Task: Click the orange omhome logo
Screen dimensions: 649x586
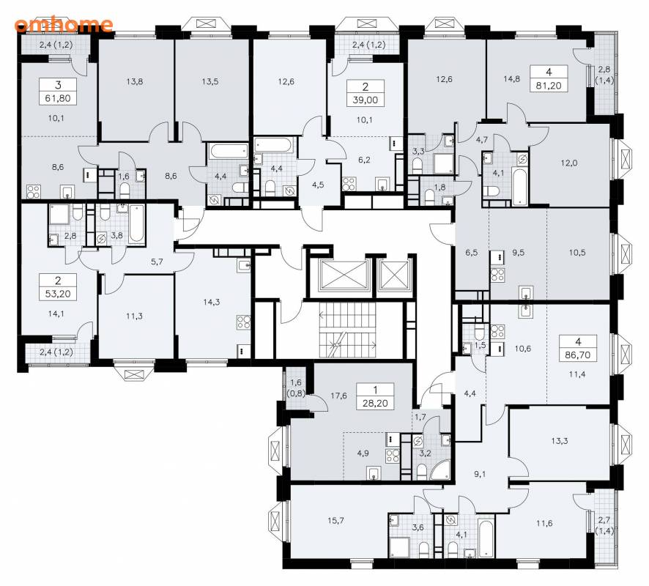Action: (63, 24)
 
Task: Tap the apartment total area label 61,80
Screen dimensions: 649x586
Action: (58, 98)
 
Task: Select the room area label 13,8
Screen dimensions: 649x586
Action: (135, 81)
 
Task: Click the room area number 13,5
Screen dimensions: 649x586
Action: (210, 81)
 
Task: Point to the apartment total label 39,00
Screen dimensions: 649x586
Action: (365, 100)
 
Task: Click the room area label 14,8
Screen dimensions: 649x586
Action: (511, 78)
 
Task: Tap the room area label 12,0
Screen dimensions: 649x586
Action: (569, 163)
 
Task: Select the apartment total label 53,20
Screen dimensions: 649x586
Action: (58, 294)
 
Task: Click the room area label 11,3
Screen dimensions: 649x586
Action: (134, 316)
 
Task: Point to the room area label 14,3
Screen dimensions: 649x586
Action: (212, 302)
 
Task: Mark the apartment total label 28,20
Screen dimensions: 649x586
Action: (375, 403)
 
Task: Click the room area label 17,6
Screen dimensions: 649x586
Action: (338, 396)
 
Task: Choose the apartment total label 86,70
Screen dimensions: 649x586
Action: (578, 355)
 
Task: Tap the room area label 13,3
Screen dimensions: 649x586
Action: (560, 441)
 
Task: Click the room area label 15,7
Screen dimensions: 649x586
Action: (335, 521)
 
